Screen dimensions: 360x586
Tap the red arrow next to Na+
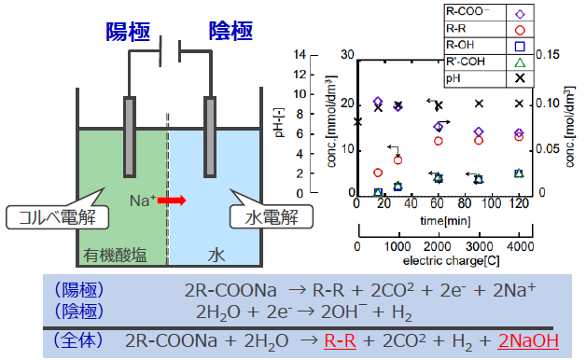pyautogui.click(x=172, y=200)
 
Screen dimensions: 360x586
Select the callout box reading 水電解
pyautogui.click(x=264, y=217)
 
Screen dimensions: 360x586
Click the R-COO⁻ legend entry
pyautogui.click(x=484, y=13)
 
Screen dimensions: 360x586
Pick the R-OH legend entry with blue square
pyautogui.click(x=484, y=45)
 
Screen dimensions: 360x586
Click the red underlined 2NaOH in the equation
pyautogui.click(x=537, y=341)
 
